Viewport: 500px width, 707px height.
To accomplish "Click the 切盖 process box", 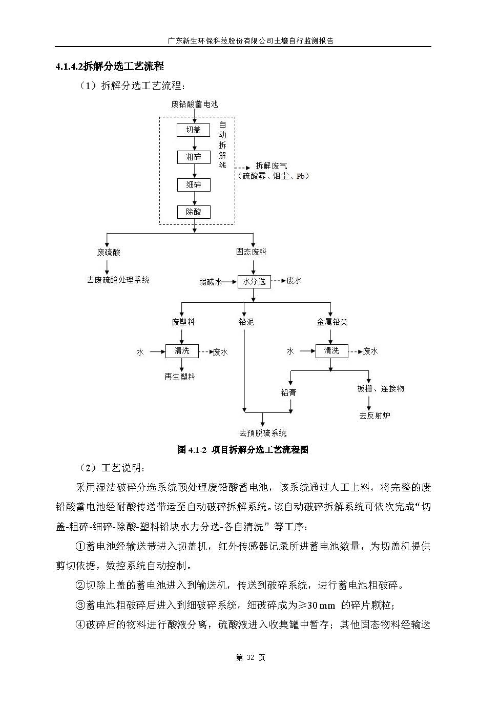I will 194,130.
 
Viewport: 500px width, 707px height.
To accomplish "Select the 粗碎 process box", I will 194,157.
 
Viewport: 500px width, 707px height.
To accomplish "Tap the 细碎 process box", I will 194,184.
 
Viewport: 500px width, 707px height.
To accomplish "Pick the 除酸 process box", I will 194,212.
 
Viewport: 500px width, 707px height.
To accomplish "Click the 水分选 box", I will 254,281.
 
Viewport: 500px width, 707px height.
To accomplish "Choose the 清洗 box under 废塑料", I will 182,351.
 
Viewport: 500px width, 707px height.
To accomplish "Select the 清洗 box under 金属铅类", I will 331,351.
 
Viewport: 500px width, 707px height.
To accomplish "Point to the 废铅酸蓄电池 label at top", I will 194,104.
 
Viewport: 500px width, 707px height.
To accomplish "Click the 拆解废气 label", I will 272,166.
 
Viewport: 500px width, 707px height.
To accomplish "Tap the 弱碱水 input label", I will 211,282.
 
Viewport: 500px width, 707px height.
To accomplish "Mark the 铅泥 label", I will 246,322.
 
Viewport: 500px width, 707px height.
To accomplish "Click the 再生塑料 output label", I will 180,377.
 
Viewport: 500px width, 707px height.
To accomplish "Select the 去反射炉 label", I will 374,415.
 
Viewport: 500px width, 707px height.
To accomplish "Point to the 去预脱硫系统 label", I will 263,433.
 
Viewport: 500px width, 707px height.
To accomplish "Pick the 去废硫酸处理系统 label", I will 118,280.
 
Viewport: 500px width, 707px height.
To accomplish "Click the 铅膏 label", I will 289,392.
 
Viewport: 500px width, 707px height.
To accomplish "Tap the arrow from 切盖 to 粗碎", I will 194,143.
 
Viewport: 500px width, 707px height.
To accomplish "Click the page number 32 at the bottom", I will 251,658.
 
